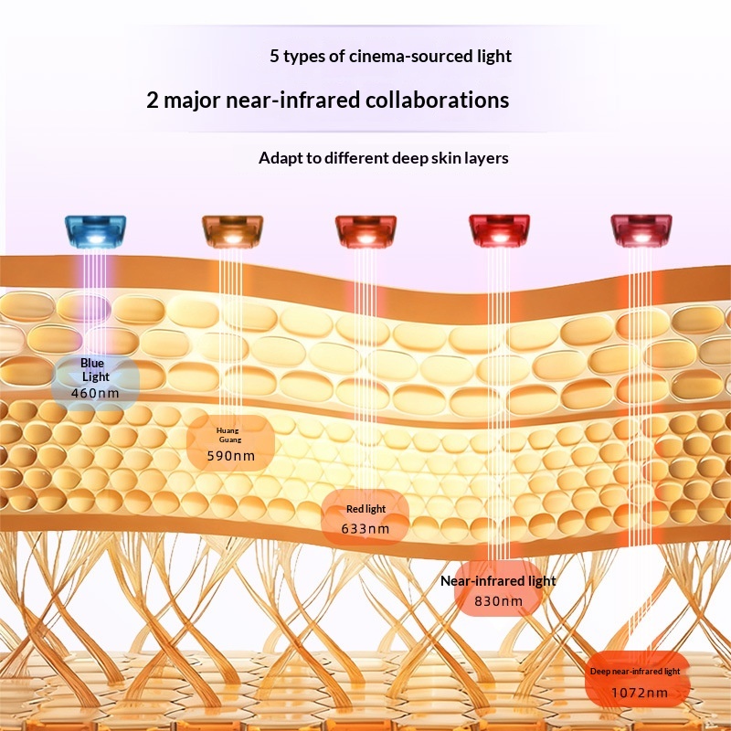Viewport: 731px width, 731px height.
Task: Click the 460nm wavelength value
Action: click(x=95, y=394)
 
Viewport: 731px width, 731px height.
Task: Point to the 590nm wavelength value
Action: click(x=230, y=454)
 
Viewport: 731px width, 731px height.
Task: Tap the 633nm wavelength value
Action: click(x=365, y=528)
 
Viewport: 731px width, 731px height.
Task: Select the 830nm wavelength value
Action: click(x=498, y=600)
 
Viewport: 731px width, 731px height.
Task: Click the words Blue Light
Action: click(x=95, y=370)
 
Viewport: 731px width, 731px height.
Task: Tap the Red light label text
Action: click(x=365, y=509)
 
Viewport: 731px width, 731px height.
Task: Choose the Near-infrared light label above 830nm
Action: click(x=498, y=580)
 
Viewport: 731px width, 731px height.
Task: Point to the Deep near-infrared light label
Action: click(x=634, y=671)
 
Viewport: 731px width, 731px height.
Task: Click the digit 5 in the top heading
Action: click(x=274, y=57)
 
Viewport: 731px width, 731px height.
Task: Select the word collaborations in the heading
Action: click(x=434, y=100)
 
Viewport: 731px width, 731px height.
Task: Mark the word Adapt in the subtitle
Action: click(x=279, y=158)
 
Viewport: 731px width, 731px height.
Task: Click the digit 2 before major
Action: click(x=154, y=100)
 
